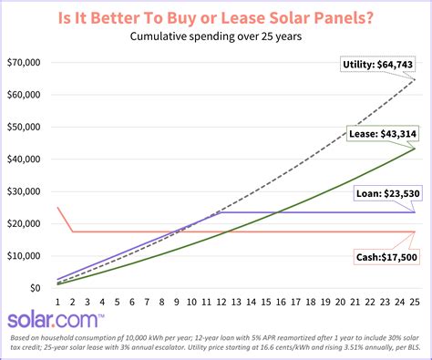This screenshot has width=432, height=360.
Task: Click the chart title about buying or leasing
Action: click(215, 16)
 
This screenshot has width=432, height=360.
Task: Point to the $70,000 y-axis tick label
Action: click(26, 63)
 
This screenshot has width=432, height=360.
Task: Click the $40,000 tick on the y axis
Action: click(26, 159)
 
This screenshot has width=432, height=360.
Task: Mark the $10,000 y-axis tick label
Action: click(26, 256)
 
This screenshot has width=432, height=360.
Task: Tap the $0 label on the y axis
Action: click(35, 288)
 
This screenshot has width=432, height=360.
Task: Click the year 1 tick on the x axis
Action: click(57, 302)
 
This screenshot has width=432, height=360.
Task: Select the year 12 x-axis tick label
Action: click(221, 302)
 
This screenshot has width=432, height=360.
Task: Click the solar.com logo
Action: click(57, 321)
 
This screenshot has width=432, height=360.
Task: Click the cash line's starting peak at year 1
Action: click(57, 208)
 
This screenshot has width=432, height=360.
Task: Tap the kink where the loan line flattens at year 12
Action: click(221, 212)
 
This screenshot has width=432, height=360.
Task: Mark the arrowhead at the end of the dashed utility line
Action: click(416, 80)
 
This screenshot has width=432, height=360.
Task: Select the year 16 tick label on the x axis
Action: click(282, 302)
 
